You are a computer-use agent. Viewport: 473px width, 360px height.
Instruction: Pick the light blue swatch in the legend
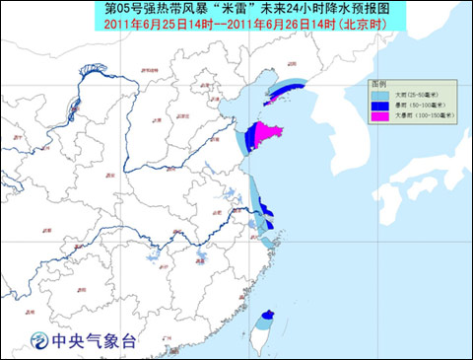pyautogui.click(x=380, y=96)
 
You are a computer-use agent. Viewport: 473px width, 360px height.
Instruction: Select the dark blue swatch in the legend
pyautogui.click(x=380, y=107)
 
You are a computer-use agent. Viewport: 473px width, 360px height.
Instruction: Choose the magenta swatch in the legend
pyautogui.click(x=380, y=116)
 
